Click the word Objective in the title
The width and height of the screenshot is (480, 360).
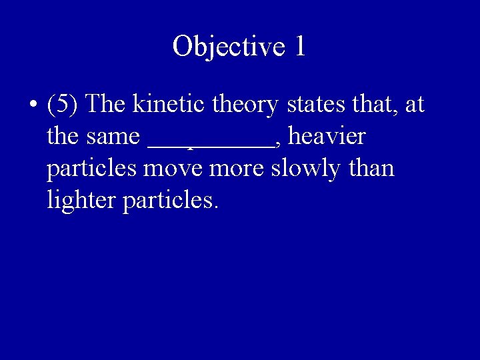223,46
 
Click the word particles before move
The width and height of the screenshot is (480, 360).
91,169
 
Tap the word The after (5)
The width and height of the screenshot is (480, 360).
109,105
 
